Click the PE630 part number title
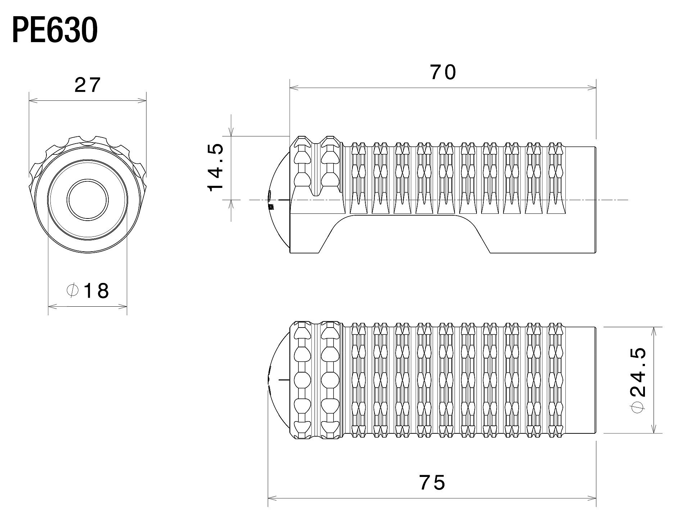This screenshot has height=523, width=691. [x=55, y=31]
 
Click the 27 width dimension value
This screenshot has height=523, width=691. [x=87, y=86]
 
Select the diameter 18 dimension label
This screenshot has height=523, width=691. [x=88, y=291]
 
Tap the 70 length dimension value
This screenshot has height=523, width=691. [x=443, y=72]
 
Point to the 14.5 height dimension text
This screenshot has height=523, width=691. [x=216, y=168]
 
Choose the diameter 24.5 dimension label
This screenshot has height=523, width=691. [x=638, y=381]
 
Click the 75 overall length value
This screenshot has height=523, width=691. [x=432, y=482]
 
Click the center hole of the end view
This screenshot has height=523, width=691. [x=87, y=199]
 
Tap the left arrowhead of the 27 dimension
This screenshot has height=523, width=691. [x=32, y=101]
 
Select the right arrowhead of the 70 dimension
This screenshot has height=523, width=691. [x=592, y=87]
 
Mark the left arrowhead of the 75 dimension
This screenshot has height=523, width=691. [x=272, y=499]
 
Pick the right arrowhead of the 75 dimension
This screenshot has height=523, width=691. [x=592, y=499]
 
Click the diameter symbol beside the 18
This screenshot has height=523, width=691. [x=73, y=290]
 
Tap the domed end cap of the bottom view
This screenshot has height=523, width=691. [x=279, y=380]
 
